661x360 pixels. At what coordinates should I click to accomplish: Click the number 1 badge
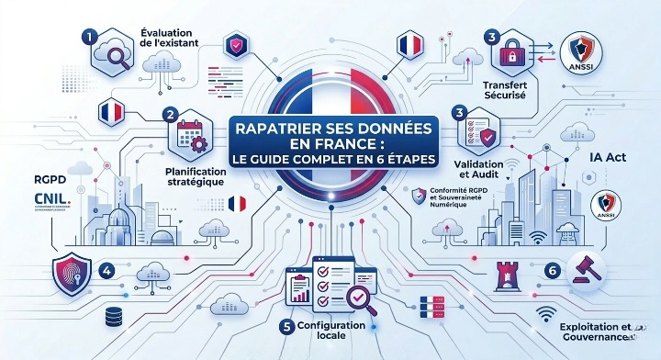coord(89,38)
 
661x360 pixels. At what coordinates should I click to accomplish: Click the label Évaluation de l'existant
coord(174,40)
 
